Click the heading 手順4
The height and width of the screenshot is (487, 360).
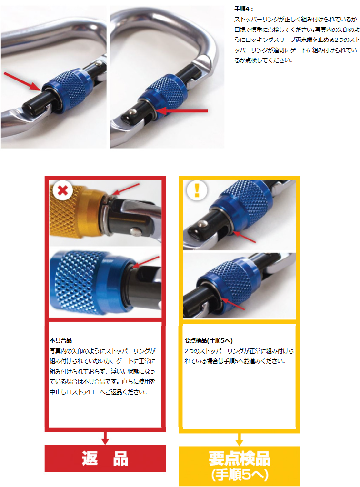[x=243, y=9]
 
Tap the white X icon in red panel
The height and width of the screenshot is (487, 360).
[x=63, y=190]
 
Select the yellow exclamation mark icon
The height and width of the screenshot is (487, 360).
[x=197, y=190]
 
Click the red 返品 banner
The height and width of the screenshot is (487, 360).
[x=105, y=458]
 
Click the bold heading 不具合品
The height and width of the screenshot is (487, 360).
[x=60, y=341]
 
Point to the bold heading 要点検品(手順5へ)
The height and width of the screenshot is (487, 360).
[x=209, y=341]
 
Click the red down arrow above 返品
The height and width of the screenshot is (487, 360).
[x=105, y=438]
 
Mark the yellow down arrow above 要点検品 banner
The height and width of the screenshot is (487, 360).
[x=239, y=439]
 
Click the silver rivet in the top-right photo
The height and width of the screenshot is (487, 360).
[x=133, y=112]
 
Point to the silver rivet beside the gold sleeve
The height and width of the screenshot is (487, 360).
[x=135, y=231]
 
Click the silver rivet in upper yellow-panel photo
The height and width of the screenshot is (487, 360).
[x=202, y=223]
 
